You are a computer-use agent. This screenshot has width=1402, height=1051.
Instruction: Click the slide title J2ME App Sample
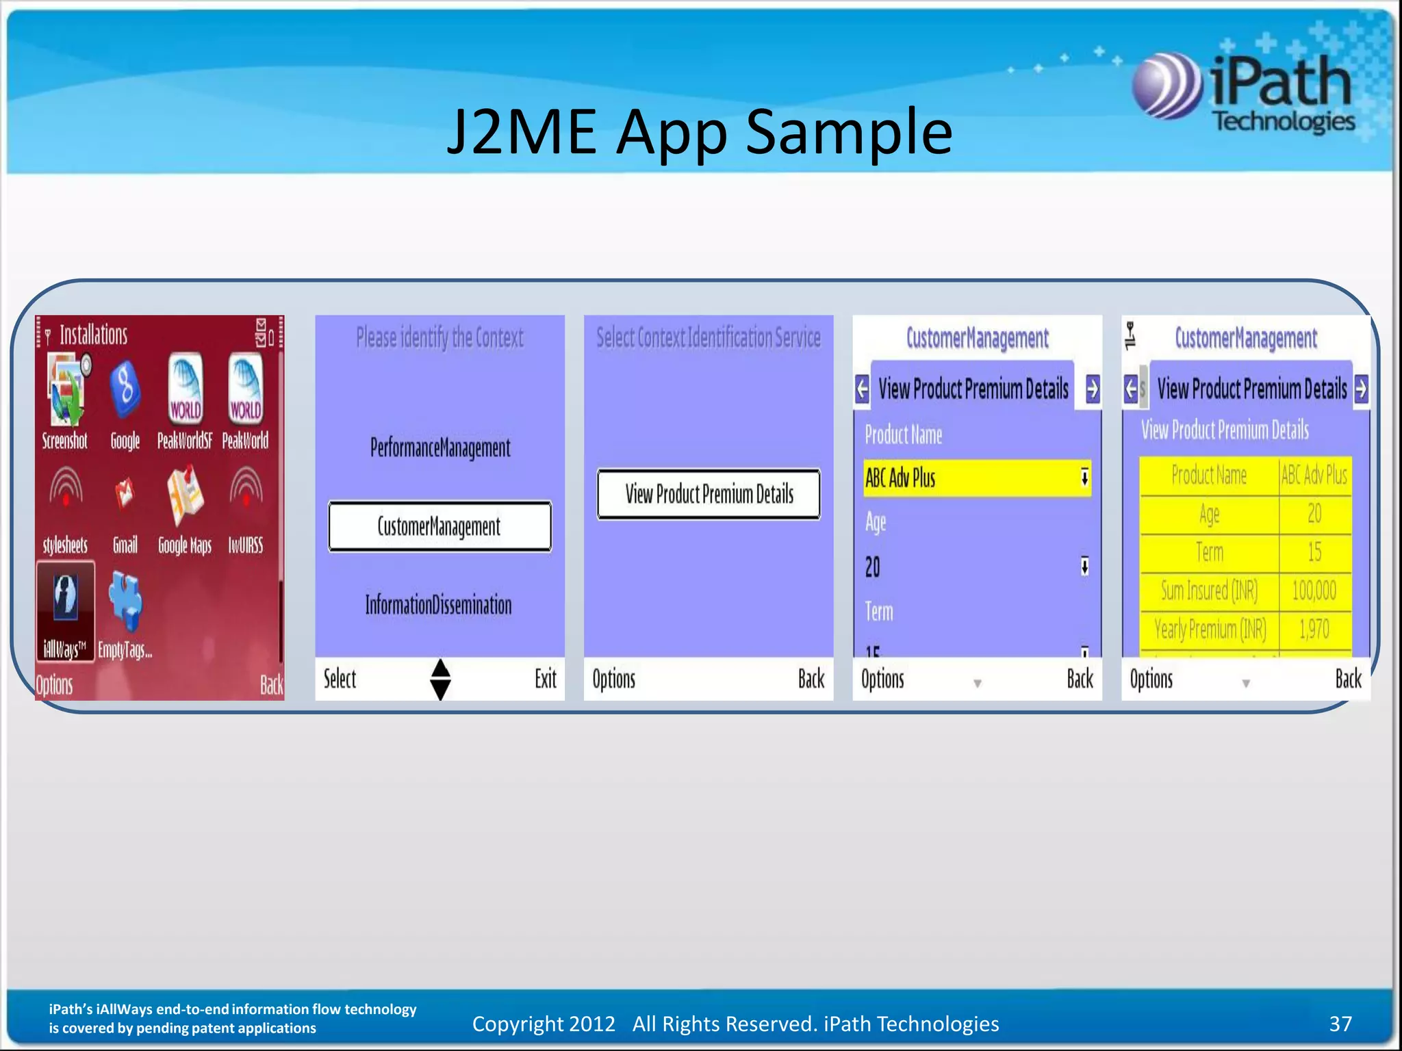coord(699,131)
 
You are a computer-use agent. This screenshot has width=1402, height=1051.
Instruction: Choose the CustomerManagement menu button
coord(439,526)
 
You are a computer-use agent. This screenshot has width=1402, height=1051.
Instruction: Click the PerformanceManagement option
coord(440,447)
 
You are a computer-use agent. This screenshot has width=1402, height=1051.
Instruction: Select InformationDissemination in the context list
coord(438,605)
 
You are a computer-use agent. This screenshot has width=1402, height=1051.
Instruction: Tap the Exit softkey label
coord(546,679)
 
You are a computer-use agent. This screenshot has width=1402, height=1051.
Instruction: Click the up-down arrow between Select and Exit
coord(440,679)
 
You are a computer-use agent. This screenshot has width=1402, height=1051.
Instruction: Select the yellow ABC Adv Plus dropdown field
coord(977,478)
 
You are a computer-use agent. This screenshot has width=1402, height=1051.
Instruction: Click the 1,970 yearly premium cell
coord(1314,629)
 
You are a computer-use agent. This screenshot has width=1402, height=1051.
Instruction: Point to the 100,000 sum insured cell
coord(1314,591)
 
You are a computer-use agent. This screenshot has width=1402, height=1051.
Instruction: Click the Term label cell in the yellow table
coord(1209,552)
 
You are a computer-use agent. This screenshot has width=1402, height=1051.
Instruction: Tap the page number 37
coord(1340,1024)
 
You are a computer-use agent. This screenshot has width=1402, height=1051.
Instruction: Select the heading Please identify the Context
coord(439,337)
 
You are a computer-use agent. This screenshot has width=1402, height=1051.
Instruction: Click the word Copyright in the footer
coord(518,1024)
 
